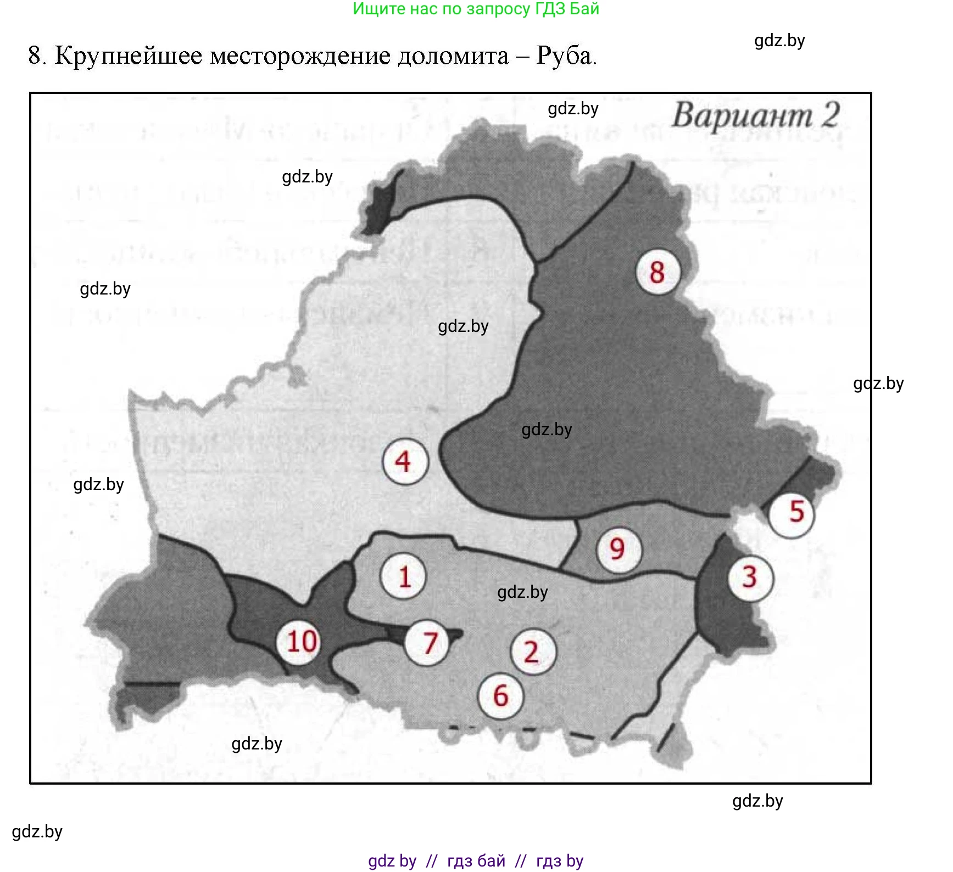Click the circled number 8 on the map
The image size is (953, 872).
pyautogui.click(x=657, y=272)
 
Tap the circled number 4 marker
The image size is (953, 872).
pyautogui.click(x=404, y=462)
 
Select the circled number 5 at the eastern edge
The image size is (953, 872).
pyautogui.click(x=791, y=513)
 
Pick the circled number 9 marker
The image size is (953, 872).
pyautogui.click(x=618, y=549)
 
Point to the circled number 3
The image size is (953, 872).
pyautogui.click(x=750, y=577)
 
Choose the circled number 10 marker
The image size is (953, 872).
pyautogui.click(x=301, y=641)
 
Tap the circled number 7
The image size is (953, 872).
pyautogui.click(x=428, y=643)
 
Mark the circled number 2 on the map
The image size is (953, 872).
pyautogui.click(x=532, y=652)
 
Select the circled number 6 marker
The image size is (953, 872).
pyautogui.click(x=500, y=696)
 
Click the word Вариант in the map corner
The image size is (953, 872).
pyautogui.click(x=742, y=116)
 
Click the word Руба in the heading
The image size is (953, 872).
pyautogui.click(x=566, y=55)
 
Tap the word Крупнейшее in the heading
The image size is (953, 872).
pyautogui.click(x=129, y=56)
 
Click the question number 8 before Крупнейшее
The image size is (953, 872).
pyautogui.click(x=35, y=56)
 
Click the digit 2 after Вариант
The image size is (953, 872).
pyautogui.click(x=831, y=115)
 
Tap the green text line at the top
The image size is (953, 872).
pyautogui.click(x=476, y=9)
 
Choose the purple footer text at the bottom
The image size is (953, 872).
pyautogui.click(x=476, y=860)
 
